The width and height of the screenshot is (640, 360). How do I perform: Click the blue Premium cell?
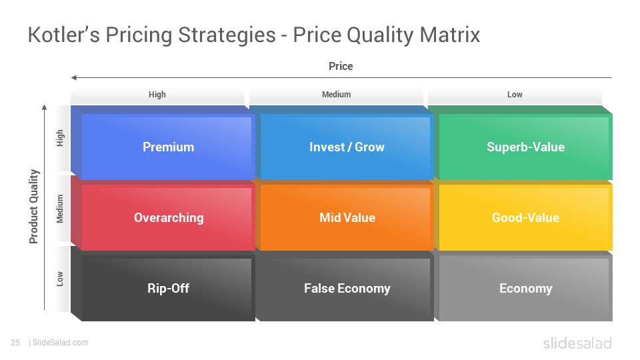(x=163, y=143)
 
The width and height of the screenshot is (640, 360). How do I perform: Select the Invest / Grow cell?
(x=342, y=143)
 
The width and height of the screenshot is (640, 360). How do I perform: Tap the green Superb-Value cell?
(x=521, y=143)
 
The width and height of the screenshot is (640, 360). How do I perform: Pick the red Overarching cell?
(x=163, y=213)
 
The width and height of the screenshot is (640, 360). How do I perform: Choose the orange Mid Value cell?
(x=342, y=213)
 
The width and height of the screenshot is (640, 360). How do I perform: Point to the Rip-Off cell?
(x=163, y=284)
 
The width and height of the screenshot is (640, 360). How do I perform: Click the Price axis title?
(x=341, y=66)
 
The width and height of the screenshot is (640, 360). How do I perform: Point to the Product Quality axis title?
(x=34, y=207)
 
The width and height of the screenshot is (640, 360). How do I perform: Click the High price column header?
(x=157, y=95)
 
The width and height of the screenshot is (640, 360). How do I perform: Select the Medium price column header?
(x=336, y=95)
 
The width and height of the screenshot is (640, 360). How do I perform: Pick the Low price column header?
(x=515, y=95)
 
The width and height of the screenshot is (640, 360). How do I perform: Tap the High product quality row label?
(x=60, y=138)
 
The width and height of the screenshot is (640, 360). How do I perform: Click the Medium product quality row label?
(x=60, y=209)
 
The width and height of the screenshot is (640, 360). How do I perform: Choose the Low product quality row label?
(x=60, y=279)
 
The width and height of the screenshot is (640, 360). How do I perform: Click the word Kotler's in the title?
(x=64, y=34)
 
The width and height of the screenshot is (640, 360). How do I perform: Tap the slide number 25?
(x=15, y=343)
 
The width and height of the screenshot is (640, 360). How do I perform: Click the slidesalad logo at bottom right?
(x=577, y=343)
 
